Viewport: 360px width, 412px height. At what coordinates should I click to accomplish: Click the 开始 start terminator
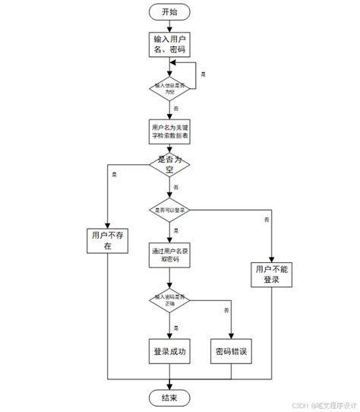[169, 12]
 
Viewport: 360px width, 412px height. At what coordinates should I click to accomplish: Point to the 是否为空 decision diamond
[169, 166]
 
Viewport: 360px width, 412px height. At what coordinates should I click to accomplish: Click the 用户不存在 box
[107, 241]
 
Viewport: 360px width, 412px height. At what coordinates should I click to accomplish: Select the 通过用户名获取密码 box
[169, 254]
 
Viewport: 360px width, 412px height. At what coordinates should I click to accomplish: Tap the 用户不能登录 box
[271, 274]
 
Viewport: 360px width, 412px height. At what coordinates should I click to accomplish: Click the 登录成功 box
[169, 352]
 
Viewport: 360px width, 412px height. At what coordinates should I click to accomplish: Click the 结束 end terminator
[169, 397]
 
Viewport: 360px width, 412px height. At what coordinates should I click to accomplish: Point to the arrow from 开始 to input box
[169, 26]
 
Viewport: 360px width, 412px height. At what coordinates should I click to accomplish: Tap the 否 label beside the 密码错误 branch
[226, 312]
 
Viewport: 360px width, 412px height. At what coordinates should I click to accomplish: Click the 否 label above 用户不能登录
[267, 220]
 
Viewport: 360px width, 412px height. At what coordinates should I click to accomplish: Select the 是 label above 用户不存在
[115, 175]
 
